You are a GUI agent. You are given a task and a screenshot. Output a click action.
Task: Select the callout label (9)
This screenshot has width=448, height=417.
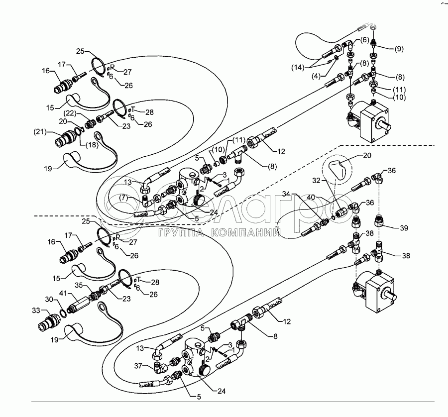400,49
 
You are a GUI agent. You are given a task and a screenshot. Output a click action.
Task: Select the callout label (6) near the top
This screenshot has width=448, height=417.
365,39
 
